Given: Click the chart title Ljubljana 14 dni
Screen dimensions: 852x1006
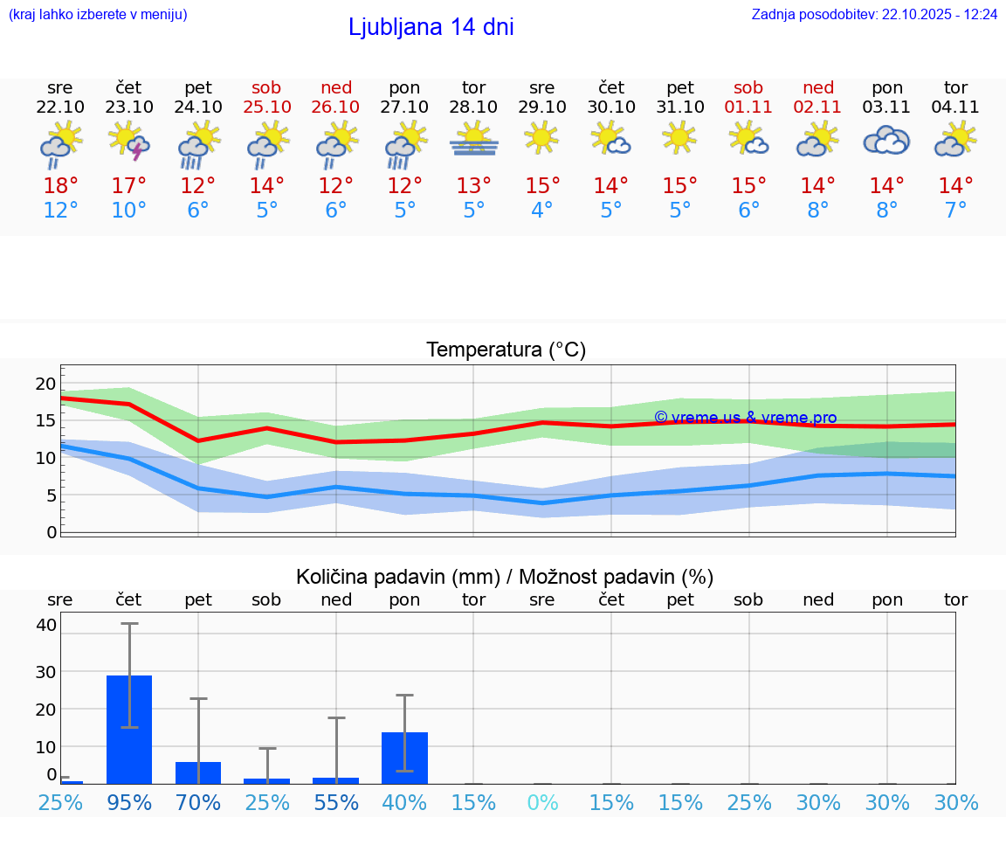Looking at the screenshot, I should coord(431,27).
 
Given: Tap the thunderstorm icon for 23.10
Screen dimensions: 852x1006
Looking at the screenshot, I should coord(128,141).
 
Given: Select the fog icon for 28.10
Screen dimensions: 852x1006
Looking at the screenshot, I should coord(474,140).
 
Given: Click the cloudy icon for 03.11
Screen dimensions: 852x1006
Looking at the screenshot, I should coord(886,141).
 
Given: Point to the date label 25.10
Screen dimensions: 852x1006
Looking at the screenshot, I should coord(267,107).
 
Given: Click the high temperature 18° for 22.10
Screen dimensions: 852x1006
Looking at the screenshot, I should coord(60,186).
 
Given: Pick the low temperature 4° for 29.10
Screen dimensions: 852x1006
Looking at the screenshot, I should coord(542,211).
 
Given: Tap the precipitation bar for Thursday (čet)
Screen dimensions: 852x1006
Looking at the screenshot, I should coord(129,729).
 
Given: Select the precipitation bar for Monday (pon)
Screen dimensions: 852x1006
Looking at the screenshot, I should coord(404,758).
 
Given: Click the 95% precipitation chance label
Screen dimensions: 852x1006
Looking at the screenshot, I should coord(129,803).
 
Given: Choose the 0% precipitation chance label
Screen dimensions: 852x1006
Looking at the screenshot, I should coord(542,803).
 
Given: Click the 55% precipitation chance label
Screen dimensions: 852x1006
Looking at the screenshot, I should coord(336,803).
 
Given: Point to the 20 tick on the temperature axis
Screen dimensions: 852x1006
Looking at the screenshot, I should coord(45,384).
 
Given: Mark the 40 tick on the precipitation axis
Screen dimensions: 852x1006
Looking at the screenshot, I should coord(46,625).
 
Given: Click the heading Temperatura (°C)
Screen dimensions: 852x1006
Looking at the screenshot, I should coord(506,350).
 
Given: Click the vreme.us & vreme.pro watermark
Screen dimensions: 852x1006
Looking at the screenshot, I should coord(746,418).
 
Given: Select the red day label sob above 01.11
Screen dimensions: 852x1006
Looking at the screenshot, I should coord(748,87).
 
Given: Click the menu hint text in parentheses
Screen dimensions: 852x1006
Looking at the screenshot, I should coord(98,15).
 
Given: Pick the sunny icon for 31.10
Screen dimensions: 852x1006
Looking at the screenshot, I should coord(679,138).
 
